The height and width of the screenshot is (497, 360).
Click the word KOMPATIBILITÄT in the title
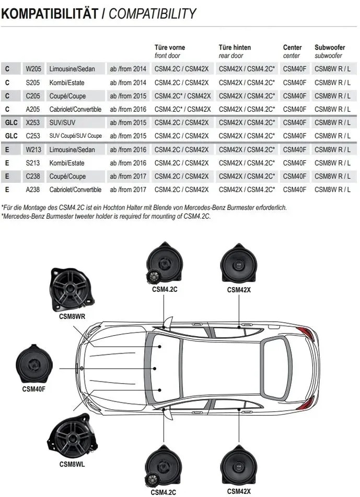(50, 14)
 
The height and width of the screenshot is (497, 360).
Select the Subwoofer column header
(330, 47)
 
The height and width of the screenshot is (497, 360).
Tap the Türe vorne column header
(170, 47)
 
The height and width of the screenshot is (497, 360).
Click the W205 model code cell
(33, 69)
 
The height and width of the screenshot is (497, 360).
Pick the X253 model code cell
(33, 123)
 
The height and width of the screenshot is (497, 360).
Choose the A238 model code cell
(33, 190)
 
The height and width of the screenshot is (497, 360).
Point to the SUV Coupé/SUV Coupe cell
(75, 136)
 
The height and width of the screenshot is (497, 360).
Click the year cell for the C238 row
(128, 176)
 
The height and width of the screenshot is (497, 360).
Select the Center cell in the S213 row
(295, 163)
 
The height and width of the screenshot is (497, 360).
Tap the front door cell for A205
(183, 109)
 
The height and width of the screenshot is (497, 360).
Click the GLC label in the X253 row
(11, 123)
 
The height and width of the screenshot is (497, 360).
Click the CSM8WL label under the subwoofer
(72, 464)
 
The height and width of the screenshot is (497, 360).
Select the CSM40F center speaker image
(33, 364)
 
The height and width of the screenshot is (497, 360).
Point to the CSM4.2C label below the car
(164, 492)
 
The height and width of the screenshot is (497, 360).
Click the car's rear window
(275, 369)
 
